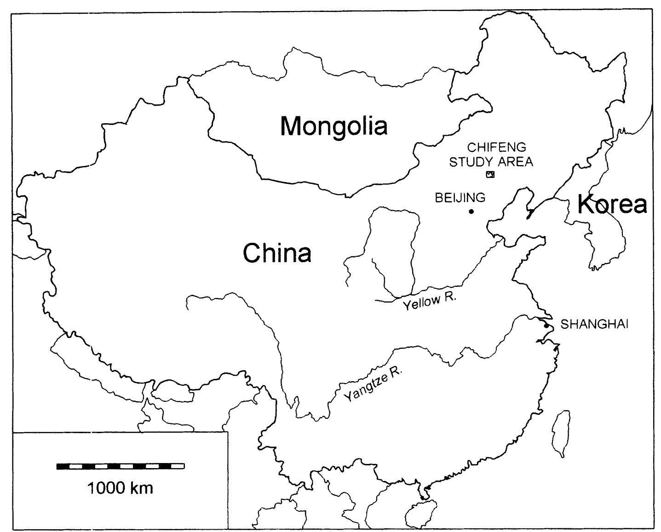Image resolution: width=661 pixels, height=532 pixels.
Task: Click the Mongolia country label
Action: click(x=334, y=126)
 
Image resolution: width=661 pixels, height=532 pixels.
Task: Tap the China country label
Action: click(x=277, y=253)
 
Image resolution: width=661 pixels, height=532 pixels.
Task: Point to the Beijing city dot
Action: click(x=471, y=212)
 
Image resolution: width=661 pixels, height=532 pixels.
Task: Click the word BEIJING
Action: click(x=460, y=198)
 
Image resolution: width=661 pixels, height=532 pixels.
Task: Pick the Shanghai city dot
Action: click(x=546, y=326)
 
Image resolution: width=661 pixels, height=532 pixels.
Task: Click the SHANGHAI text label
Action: click(x=594, y=324)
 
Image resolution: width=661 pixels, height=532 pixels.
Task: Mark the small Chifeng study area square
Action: click(x=490, y=174)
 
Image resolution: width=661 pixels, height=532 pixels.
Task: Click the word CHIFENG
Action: click(x=490, y=148)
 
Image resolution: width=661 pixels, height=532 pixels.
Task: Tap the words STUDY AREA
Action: click(x=491, y=161)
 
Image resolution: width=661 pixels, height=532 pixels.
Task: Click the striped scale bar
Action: click(x=121, y=466)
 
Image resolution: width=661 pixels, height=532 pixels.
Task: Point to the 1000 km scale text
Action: click(x=120, y=487)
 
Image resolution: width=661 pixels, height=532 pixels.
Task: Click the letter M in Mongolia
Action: click(x=293, y=126)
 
